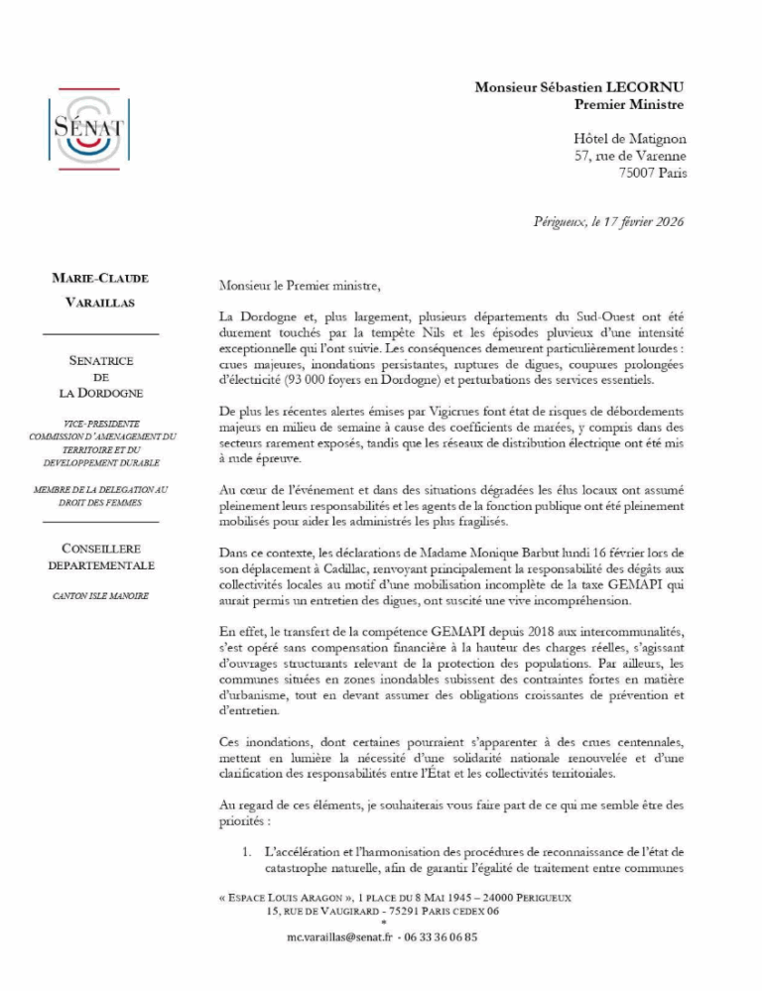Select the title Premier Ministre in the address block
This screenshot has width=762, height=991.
coord(629,104)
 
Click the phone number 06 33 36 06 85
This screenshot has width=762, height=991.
coord(438,937)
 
